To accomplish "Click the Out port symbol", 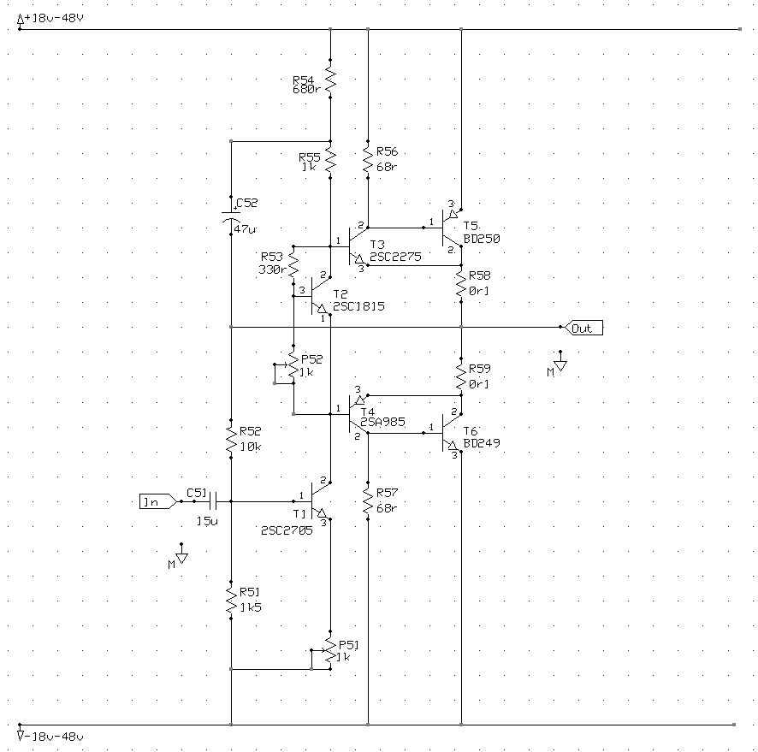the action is (x=583, y=328).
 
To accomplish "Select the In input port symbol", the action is (x=158, y=501).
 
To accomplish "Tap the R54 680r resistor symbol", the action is (x=330, y=79).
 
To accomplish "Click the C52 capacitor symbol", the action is (x=231, y=216).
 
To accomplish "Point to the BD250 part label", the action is (x=482, y=239).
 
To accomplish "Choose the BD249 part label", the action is (x=482, y=443).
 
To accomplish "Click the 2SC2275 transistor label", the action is (x=395, y=257).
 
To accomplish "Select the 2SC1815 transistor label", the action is (x=358, y=306).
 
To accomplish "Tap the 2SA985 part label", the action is (x=382, y=422).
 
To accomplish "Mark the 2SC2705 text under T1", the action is (x=287, y=530).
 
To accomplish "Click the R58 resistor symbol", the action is (x=461, y=284).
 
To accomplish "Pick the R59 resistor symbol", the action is (x=461, y=377).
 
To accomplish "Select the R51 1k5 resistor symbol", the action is (x=231, y=601).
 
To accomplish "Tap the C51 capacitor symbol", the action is (x=213, y=501).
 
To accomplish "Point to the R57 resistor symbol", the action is (x=368, y=500).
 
